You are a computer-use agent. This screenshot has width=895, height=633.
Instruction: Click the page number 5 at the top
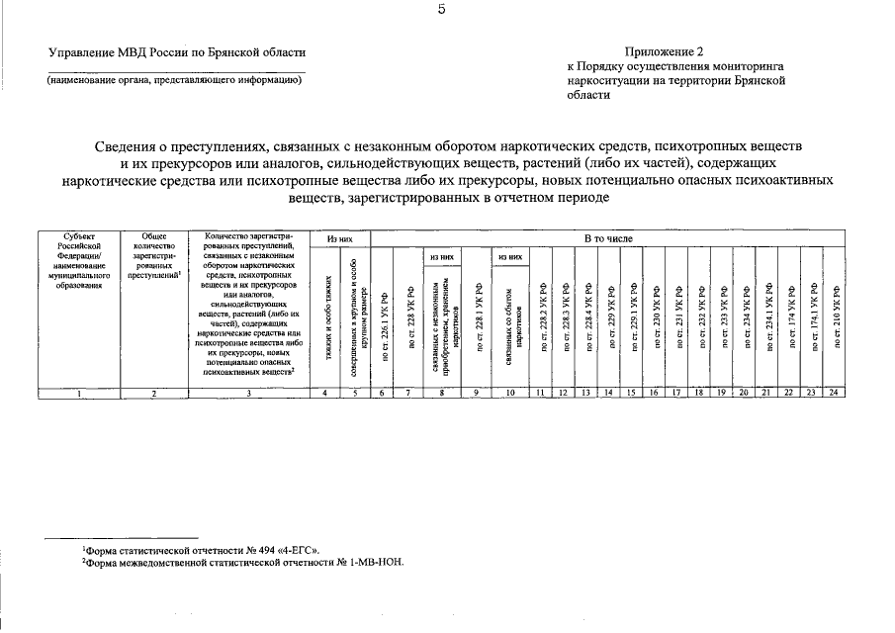point(443,11)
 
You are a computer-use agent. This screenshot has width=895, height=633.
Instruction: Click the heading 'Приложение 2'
point(664,51)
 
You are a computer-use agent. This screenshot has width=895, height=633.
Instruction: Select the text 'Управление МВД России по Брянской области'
point(177,52)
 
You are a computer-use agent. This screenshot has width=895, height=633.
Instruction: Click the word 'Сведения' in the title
point(137,147)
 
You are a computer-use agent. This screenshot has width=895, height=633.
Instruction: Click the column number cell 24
point(835,394)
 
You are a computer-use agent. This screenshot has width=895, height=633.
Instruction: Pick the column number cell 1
point(78,394)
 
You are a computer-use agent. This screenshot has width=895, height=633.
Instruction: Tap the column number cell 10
point(510,394)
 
